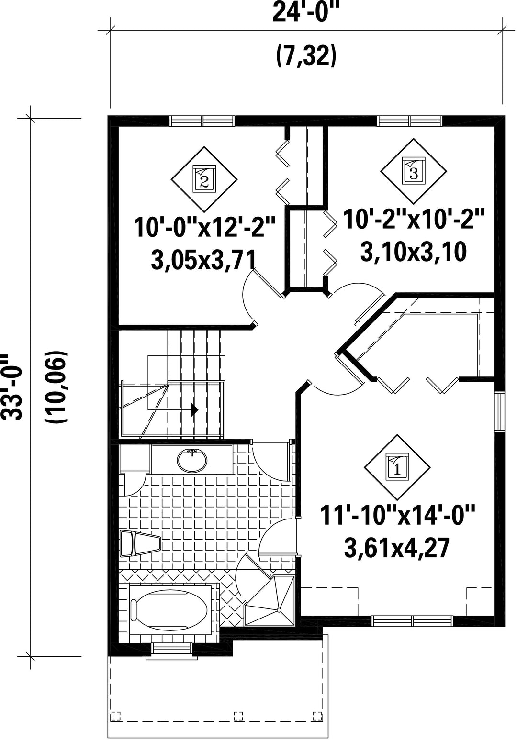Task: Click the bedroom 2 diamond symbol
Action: tap(204, 179)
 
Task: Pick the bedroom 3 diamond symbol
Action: tap(414, 171)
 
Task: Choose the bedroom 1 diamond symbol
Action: tap(397, 467)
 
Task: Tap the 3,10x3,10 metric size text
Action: tap(413, 252)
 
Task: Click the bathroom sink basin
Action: tap(192, 461)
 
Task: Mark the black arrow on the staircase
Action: tap(194, 410)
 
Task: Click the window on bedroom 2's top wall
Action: tap(202, 121)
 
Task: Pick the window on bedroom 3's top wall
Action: tap(410, 121)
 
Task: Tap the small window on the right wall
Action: tap(499, 412)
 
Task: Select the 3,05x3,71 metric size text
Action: tap(203, 260)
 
